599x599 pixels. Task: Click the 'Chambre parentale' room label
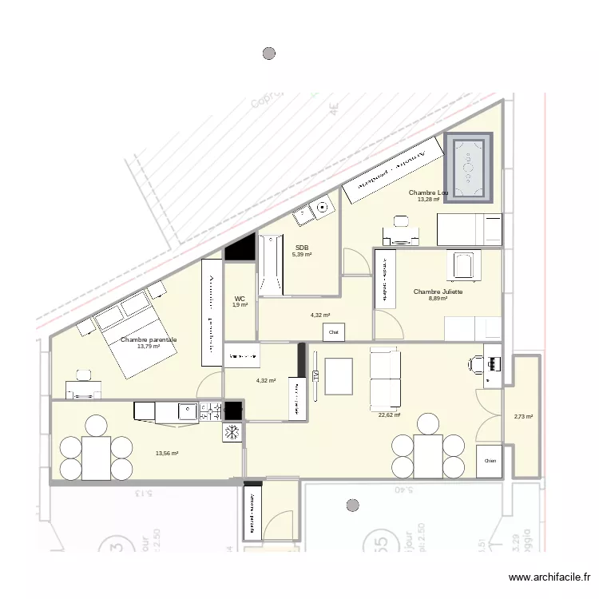149,339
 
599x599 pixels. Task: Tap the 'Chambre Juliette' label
438,292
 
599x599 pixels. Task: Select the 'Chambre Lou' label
428,192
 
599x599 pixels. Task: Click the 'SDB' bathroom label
301,248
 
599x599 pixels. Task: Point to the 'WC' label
240,298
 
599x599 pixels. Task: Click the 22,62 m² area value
389,415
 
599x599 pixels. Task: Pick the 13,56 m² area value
167,453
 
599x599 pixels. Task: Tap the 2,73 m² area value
523,416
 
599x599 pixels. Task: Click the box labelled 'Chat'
334,331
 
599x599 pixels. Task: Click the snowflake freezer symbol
232,432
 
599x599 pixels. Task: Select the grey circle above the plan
269,54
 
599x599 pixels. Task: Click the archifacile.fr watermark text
551,577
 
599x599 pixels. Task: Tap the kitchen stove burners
211,411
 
